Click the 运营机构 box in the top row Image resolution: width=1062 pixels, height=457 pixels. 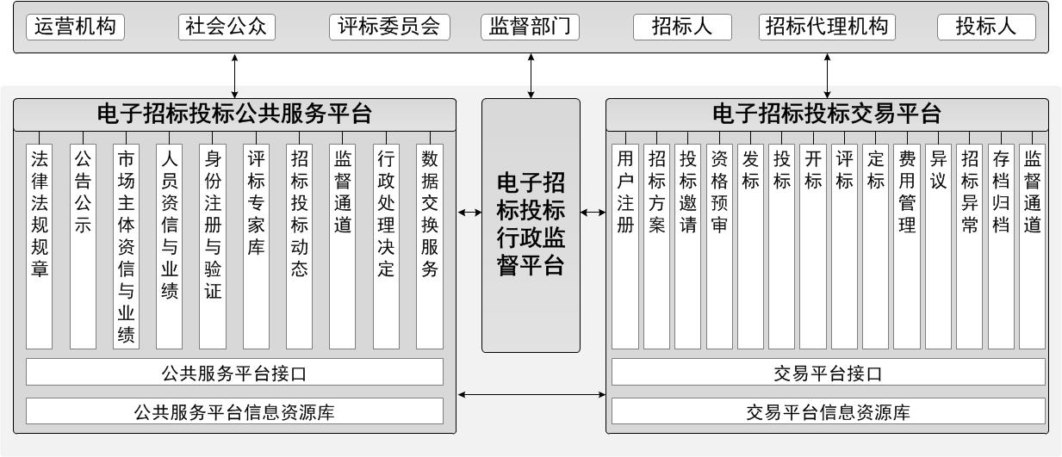point(76,27)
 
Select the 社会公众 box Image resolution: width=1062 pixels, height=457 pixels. point(227,27)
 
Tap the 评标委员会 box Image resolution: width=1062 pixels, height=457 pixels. point(389,27)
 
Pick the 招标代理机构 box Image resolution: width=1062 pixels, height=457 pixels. point(827,27)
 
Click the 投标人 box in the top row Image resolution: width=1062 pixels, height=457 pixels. point(986,27)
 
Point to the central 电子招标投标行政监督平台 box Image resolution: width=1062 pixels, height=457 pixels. point(531,225)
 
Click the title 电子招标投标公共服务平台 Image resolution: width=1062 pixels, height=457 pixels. point(234,114)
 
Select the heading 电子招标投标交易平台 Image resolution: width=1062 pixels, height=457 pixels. point(827,114)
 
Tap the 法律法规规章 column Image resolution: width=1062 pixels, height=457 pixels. point(40,246)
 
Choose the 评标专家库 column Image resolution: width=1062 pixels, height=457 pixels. point(256,246)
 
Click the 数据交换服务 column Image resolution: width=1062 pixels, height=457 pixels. point(430,246)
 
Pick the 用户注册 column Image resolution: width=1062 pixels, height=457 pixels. point(624,246)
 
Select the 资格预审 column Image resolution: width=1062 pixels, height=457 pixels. point(719,246)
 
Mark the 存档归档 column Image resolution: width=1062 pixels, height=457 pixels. point(1001,246)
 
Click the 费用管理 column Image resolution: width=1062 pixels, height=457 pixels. point(907,246)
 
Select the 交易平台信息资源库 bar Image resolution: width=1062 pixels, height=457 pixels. point(829,411)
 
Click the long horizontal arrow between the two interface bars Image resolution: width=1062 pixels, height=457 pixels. point(531,394)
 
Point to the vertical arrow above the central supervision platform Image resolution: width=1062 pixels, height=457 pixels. point(531,76)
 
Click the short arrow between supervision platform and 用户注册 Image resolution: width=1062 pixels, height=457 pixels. point(593,213)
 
